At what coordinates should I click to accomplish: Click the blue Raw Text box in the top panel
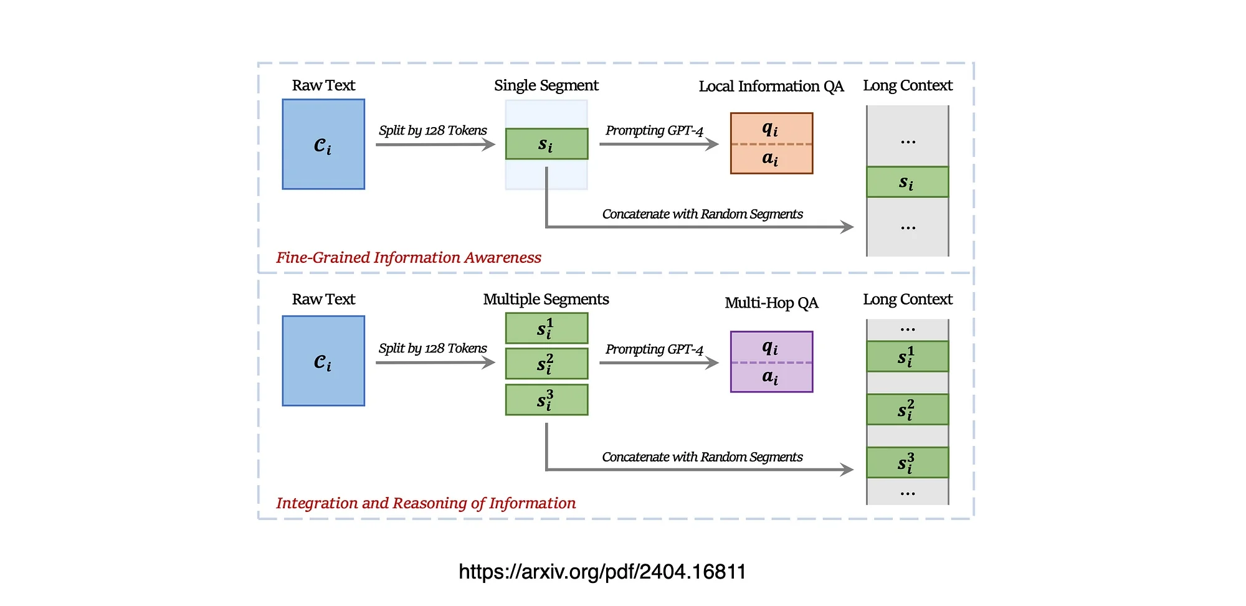323,144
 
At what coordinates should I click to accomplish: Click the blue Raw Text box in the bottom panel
323,361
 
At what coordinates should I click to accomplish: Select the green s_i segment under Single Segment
546,144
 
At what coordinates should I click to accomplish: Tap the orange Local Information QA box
771,143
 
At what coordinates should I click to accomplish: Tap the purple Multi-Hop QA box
771,362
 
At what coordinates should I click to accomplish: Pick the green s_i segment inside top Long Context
907,182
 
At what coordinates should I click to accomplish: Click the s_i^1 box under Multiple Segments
546,328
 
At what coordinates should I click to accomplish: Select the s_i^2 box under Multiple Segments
546,364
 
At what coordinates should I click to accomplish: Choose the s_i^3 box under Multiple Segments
546,400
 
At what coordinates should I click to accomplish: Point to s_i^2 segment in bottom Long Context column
907,410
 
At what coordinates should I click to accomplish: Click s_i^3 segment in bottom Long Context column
907,463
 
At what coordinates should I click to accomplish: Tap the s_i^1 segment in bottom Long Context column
907,357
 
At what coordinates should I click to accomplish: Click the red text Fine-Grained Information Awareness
409,258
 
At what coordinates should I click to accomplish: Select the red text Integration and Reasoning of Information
426,503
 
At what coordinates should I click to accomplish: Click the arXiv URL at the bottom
602,572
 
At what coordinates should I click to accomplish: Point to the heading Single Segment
546,85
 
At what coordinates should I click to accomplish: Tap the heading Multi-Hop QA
771,303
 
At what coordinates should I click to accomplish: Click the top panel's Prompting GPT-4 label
654,131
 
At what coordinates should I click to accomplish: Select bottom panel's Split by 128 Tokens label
432,348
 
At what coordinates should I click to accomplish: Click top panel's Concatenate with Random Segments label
702,214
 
